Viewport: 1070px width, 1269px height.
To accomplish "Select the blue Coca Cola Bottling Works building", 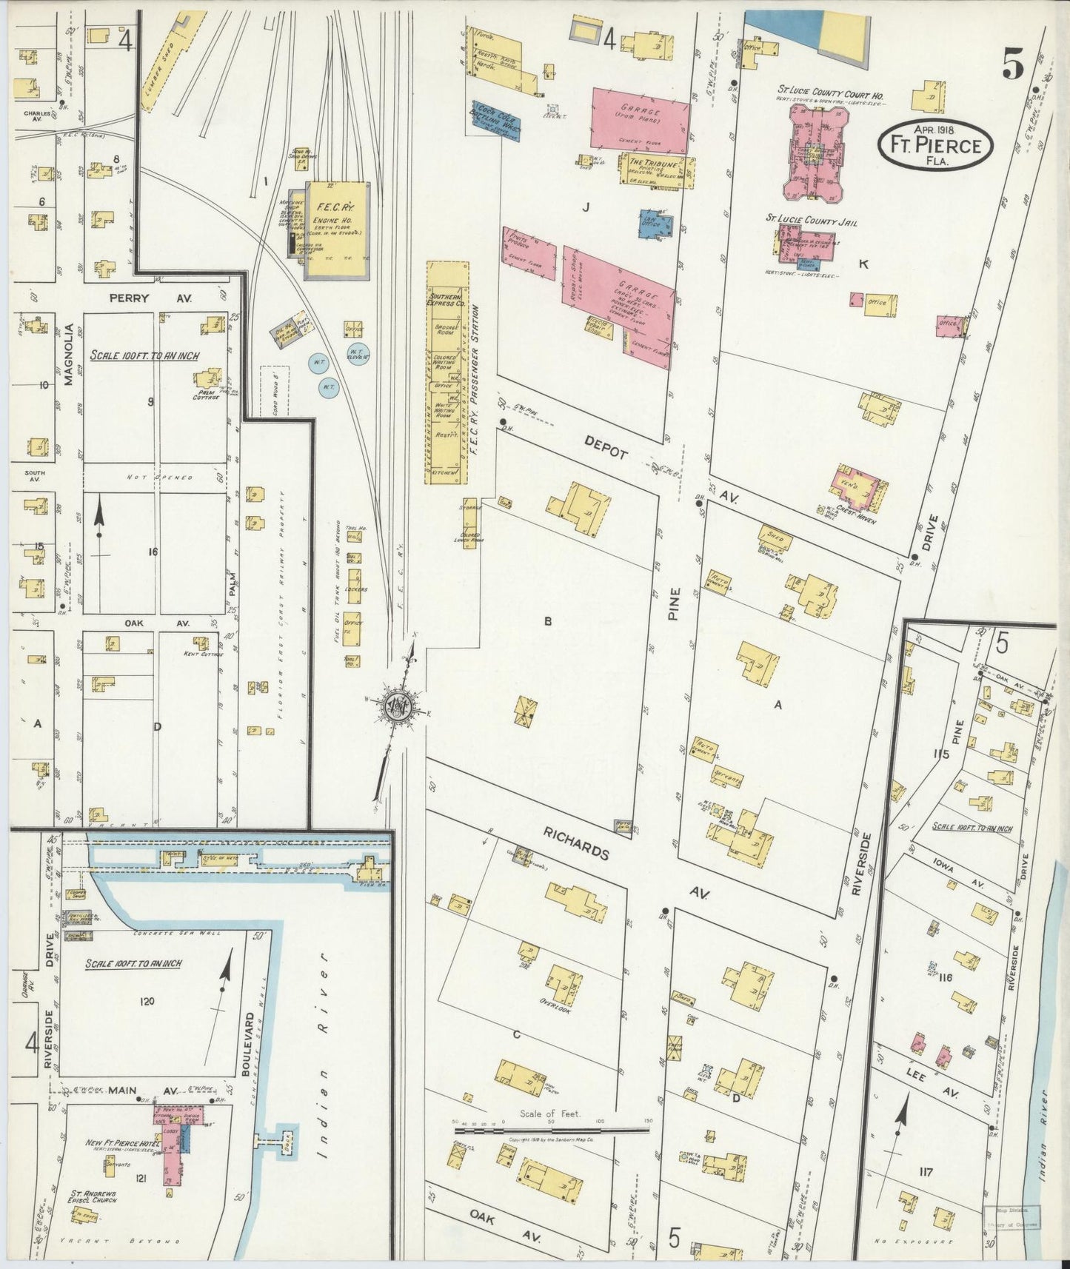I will pos(496,118).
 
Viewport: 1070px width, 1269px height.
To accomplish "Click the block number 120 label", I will pos(147,1001).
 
